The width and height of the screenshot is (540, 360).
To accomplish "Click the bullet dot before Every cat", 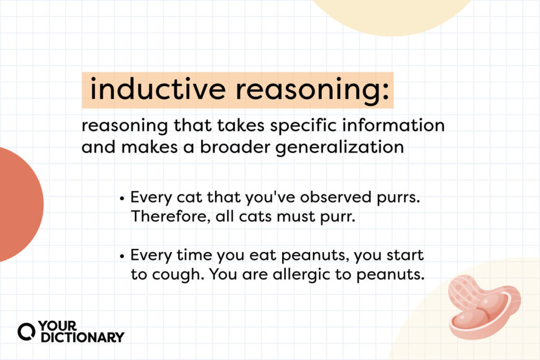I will (122, 199).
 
